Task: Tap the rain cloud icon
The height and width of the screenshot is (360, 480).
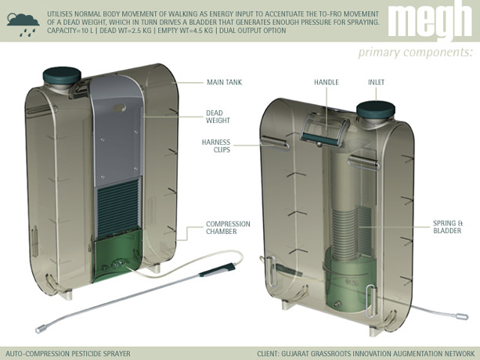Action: (x=22, y=21)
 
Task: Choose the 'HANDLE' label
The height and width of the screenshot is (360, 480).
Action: (x=325, y=81)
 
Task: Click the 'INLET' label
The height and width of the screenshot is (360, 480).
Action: (x=377, y=81)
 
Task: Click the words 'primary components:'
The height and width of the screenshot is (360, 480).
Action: (x=415, y=52)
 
